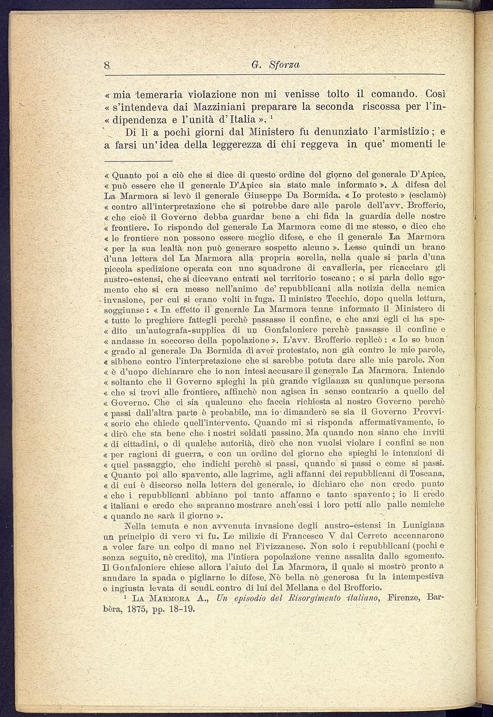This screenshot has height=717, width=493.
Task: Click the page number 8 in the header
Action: tap(107, 65)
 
